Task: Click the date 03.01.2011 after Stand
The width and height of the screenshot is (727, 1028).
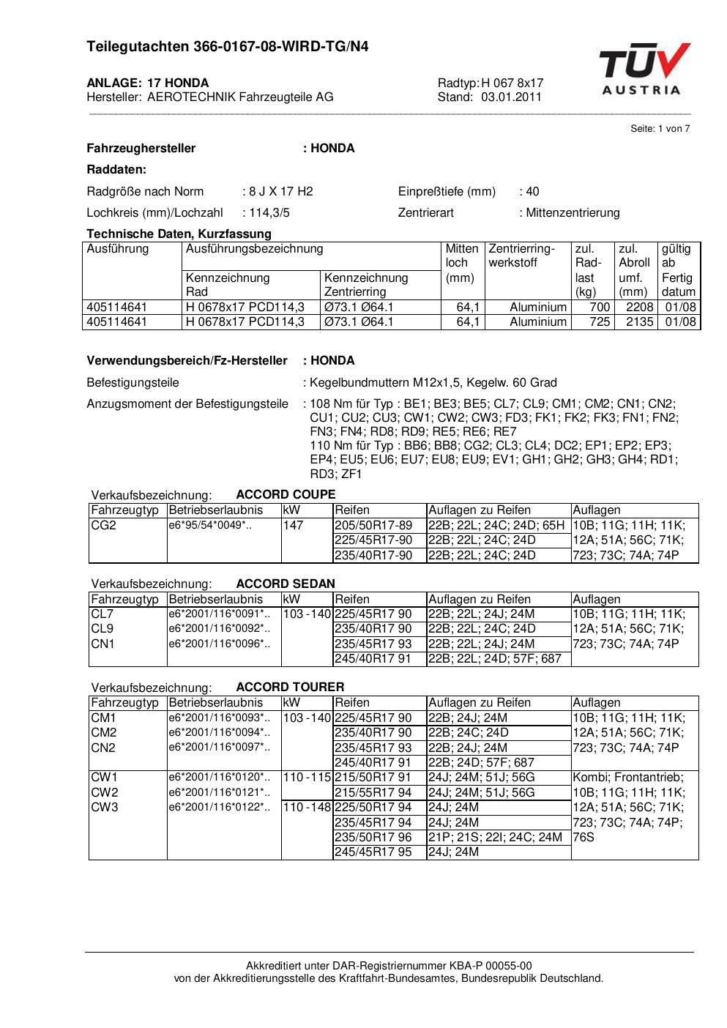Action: coord(511,97)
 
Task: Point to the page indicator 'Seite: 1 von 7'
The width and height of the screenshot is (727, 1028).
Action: coord(660,129)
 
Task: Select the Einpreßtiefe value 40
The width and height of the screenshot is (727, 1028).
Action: coord(532,192)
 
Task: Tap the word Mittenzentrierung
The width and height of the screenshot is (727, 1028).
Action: coord(573,213)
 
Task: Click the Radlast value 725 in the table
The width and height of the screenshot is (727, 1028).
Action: coord(600,322)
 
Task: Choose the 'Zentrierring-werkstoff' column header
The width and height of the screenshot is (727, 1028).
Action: coord(521,256)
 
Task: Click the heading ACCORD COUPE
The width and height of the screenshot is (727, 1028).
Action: coord(286,494)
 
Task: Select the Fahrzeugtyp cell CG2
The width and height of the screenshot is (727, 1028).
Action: coord(103,525)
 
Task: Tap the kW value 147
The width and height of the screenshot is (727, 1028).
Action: coord(293,525)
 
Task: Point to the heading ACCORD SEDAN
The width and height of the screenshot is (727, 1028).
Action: coord(286,584)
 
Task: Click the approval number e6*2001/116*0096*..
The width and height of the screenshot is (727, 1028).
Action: coord(219,644)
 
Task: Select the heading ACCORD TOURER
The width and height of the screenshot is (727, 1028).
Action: coord(290,687)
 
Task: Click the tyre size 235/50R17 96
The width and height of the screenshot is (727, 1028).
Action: coord(373,837)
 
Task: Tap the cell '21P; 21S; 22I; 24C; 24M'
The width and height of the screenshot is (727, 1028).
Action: coord(495,837)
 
